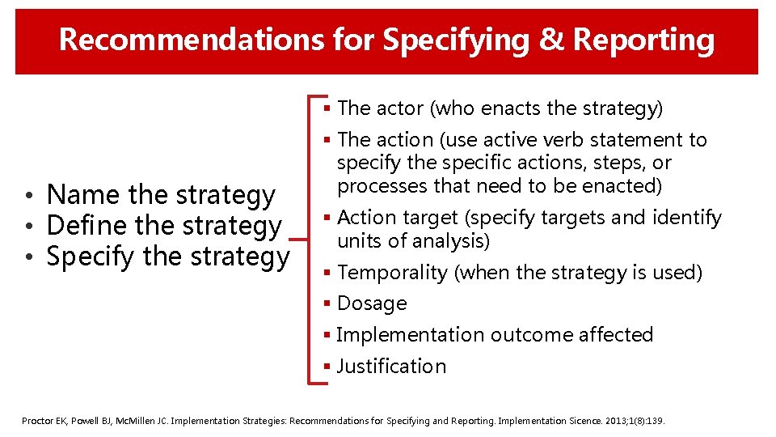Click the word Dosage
pyautogui.click(x=372, y=303)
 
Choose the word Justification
pyautogui.click(x=391, y=367)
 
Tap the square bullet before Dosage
pyautogui.click(x=327, y=303)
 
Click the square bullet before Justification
pyautogui.click(x=327, y=367)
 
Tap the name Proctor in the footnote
pyautogui.click(x=37, y=422)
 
